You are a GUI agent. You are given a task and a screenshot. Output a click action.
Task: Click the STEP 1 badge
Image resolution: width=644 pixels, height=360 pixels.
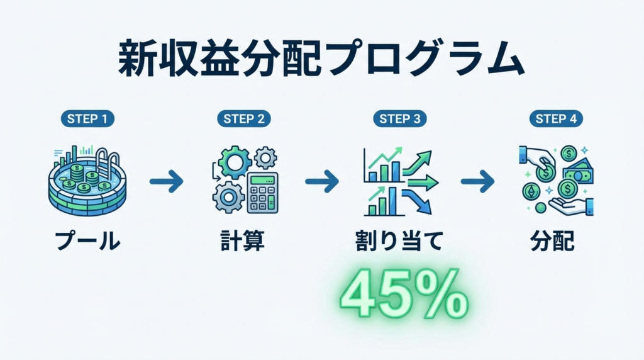click(87, 119)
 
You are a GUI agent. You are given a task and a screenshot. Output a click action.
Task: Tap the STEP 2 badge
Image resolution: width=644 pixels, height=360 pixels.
click(244, 119)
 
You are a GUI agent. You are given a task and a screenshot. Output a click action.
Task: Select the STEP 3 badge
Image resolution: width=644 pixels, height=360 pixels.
click(400, 119)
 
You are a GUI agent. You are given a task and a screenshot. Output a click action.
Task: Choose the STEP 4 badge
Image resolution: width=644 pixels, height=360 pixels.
click(556, 119)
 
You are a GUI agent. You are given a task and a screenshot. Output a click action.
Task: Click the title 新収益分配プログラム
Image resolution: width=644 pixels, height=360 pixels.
click(321, 59)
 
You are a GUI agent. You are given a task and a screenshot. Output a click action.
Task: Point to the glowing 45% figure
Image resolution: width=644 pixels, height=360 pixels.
click(404, 294)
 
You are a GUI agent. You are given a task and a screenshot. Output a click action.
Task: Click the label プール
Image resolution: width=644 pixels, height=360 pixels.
click(88, 240)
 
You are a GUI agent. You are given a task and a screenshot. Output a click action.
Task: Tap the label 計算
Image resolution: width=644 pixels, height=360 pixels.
click(243, 240)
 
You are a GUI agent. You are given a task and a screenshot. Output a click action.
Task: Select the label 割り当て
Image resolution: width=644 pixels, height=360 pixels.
click(399, 240)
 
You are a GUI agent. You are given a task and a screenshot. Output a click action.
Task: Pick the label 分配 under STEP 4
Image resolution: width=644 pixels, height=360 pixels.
click(552, 240)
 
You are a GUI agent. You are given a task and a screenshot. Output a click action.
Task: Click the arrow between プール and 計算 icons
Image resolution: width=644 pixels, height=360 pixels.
click(166, 181)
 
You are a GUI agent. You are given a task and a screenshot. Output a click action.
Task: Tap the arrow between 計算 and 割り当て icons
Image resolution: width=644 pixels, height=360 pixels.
click(322, 181)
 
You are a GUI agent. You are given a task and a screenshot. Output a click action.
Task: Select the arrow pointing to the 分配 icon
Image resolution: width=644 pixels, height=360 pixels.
click(478, 181)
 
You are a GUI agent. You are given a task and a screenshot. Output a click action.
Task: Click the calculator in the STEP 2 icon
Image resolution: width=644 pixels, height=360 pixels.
click(262, 193)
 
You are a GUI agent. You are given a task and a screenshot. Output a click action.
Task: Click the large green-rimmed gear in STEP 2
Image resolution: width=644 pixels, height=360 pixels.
click(235, 162)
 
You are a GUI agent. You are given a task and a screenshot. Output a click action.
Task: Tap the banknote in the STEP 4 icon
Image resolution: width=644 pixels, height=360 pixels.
click(579, 173)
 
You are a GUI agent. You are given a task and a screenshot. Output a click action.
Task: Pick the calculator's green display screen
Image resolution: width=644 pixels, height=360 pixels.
click(262, 180)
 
